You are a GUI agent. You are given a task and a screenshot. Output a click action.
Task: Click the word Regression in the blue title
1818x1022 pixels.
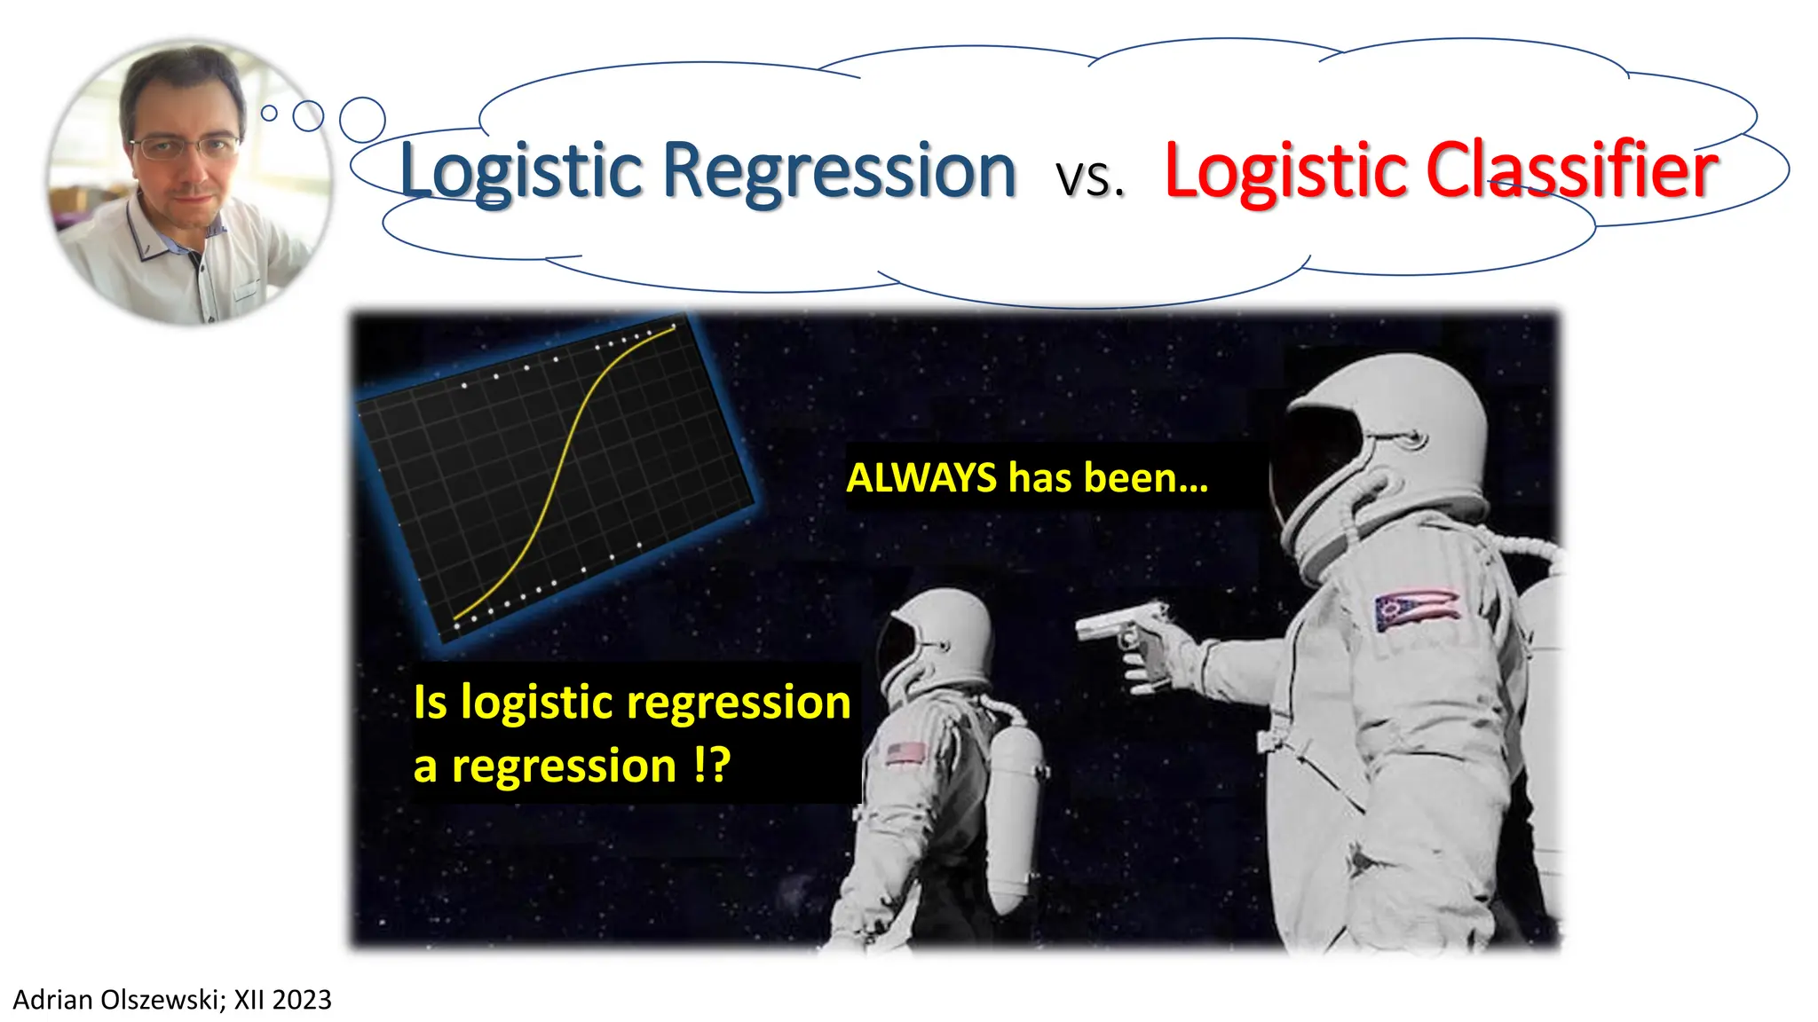(839, 171)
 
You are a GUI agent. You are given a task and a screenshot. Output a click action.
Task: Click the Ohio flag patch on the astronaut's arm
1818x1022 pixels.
(1416, 609)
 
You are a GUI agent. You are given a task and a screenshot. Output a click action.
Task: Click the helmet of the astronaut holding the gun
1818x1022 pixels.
(1385, 444)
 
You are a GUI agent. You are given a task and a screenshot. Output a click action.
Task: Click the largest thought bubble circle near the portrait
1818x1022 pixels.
(362, 120)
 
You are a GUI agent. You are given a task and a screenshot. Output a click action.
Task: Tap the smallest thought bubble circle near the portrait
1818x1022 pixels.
(269, 113)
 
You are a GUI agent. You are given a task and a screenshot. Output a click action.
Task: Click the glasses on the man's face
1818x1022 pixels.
(185, 146)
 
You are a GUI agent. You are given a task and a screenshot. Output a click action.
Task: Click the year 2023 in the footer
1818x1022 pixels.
(302, 1000)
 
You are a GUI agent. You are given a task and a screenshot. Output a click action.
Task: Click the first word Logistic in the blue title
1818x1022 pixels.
(521, 171)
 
